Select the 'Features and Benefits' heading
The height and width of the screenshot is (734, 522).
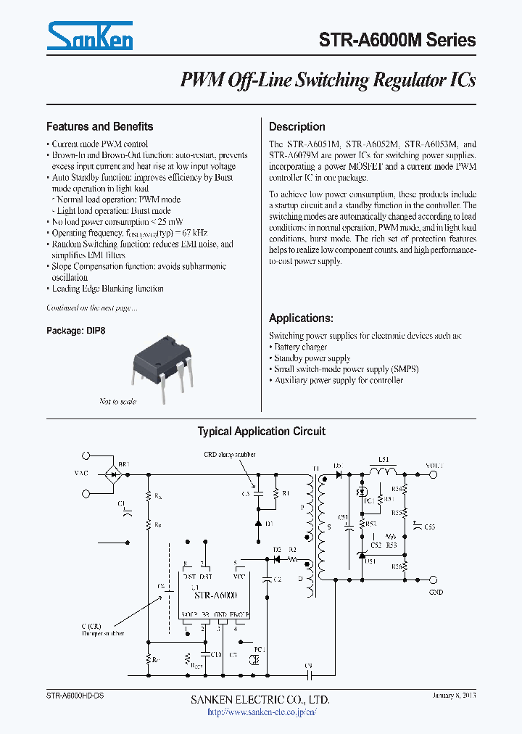(x=99, y=126)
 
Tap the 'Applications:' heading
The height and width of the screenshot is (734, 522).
(x=301, y=318)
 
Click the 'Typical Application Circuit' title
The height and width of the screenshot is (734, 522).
(x=261, y=432)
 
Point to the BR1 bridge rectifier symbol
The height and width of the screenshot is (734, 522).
(x=113, y=474)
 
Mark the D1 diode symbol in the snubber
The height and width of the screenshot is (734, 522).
(x=259, y=522)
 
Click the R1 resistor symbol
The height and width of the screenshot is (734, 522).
(x=275, y=493)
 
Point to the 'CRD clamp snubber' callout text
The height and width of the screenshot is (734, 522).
(x=229, y=455)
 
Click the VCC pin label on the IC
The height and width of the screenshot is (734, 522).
(x=239, y=576)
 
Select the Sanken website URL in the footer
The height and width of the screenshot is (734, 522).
(x=260, y=712)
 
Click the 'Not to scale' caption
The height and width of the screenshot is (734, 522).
(x=117, y=401)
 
